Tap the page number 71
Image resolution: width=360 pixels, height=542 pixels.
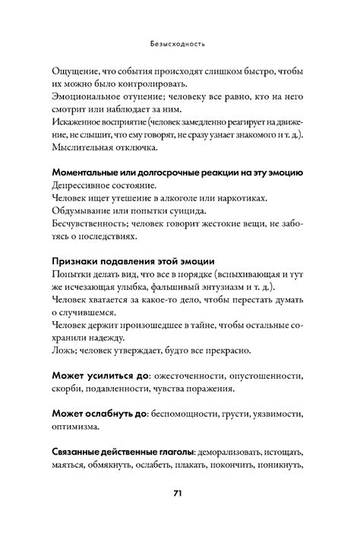tap(179, 513)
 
